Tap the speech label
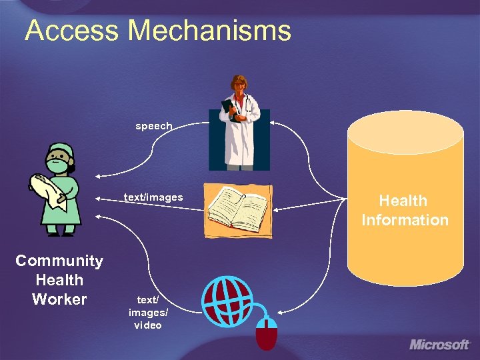[154, 126]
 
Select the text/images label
[153, 197]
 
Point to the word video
[147, 325]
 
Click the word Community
[59, 261]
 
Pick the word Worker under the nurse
[59, 299]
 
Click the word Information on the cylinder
[405, 220]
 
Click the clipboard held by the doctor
[231, 110]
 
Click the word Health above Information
[403, 201]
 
